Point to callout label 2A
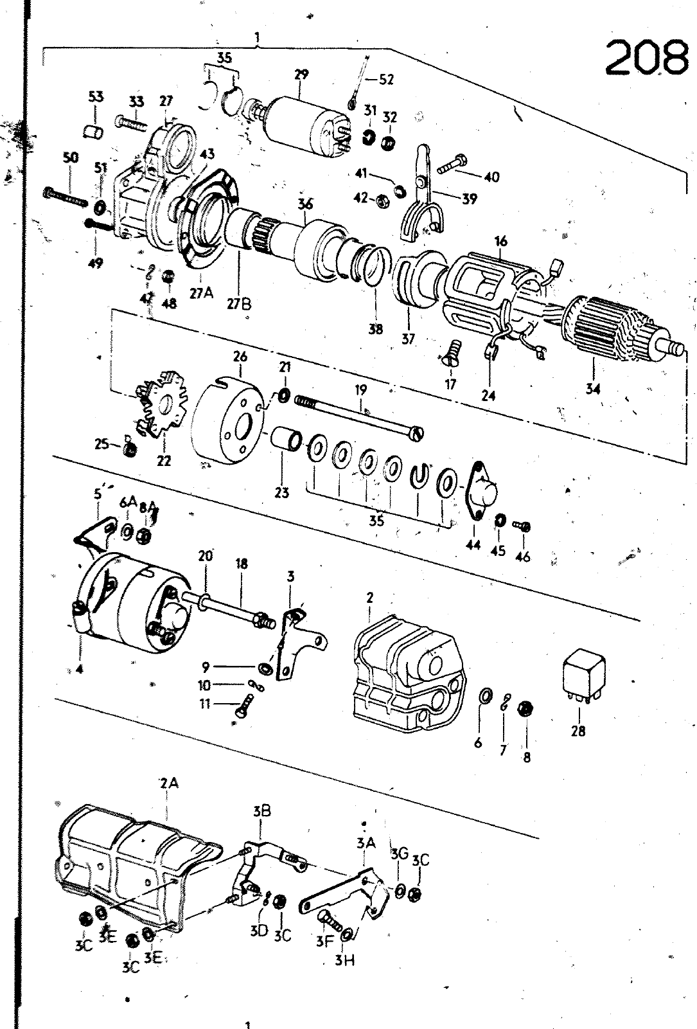(168, 783)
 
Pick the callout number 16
(501, 242)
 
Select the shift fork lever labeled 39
(421, 202)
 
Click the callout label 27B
(239, 303)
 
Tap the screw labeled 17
(452, 353)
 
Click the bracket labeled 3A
(350, 894)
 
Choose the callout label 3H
(344, 960)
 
